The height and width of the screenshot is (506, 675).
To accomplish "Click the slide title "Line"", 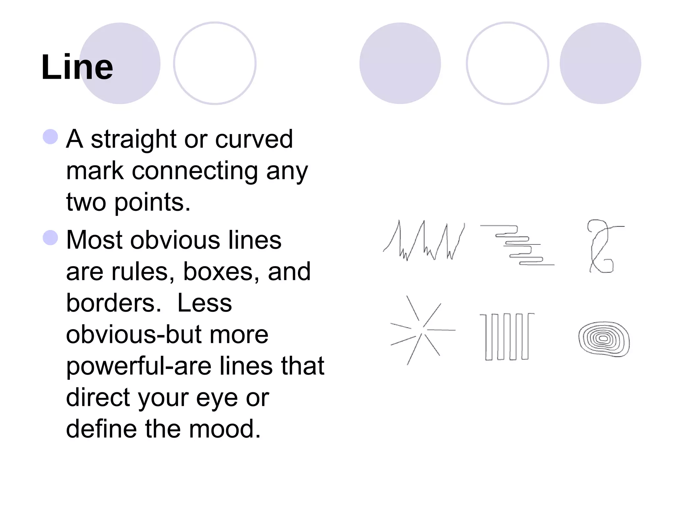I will click(x=77, y=67).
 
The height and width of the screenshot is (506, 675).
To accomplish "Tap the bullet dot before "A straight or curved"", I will click(x=50, y=136).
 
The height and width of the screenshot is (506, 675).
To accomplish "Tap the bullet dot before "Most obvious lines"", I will click(x=50, y=238).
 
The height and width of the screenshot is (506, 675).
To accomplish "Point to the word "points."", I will click(x=152, y=202).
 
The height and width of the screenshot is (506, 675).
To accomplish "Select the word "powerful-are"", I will click(x=138, y=366).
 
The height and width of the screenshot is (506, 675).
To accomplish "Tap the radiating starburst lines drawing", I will click(x=422, y=329).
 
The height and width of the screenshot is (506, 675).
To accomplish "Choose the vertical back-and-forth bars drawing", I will click(x=507, y=336).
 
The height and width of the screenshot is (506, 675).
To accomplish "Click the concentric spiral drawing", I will click(x=603, y=339).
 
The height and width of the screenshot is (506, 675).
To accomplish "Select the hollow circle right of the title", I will click(x=215, y=63).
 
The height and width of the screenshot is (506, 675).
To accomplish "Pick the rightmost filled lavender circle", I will click(x=600, y=63).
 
